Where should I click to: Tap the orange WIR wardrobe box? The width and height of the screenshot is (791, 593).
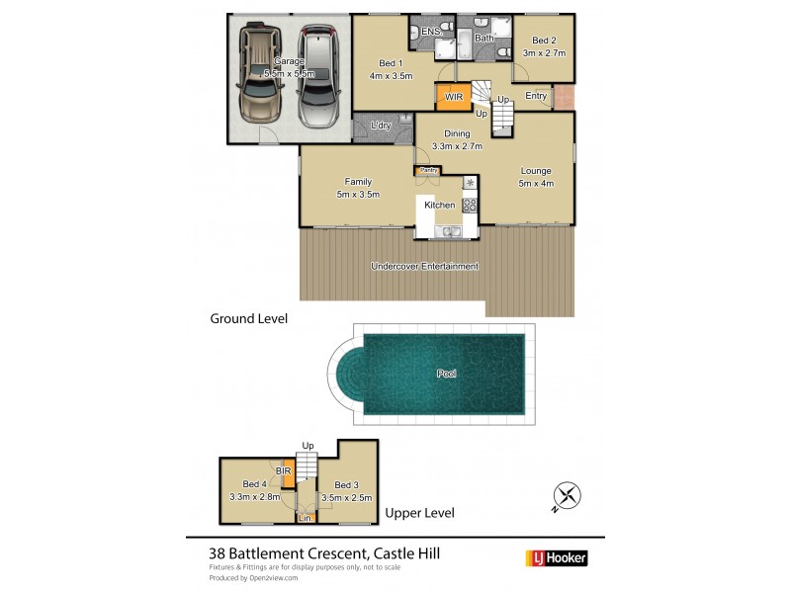point(453,97)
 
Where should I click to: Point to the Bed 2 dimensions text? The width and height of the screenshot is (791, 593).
point(544,52)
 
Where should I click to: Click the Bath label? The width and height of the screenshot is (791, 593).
point(483,39)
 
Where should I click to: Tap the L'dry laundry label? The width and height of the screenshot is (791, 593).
point(381,126)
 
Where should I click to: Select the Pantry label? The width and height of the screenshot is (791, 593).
point(428,170)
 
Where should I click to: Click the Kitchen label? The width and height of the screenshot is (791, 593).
point(439,205)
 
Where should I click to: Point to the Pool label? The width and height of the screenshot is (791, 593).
point(446,374)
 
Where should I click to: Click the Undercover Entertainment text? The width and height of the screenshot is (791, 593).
point(424,266)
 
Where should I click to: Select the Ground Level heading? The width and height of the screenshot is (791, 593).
point(248,318)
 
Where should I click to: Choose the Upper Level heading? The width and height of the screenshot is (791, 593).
point(420,512)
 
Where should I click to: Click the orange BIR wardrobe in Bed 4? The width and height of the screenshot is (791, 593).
point(288,473)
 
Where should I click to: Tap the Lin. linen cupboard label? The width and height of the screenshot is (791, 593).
point(306,517)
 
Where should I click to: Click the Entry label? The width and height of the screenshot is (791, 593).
point(536,96)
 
